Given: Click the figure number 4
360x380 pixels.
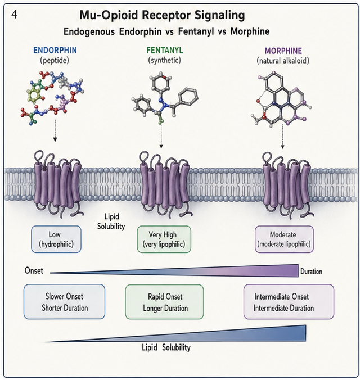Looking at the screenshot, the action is pyautogui.click(x=14, y=15).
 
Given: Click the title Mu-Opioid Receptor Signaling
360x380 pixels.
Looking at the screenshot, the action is pyautogui.click(x=162, y=15).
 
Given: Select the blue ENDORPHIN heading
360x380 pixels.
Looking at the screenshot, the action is pyautogui.click(x=55, y=51).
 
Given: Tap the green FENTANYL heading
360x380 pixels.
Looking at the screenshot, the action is pyautogui.click(x=165, y=50).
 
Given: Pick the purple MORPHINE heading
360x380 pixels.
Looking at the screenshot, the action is pyautogui.click(x=283, y=51).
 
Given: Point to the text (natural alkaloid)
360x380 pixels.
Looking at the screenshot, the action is pyautogui.click(x=283, y=61).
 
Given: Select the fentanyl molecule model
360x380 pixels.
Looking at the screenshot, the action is pyautogui.click(x=165, y=97).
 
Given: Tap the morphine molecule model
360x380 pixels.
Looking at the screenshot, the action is pyautogui.click(x=281, y=98).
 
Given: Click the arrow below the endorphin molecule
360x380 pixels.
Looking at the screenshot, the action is pyautogui.click(x=55, y=130).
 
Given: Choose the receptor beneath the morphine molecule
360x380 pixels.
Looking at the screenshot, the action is pyautogui.click(x=287, y=185).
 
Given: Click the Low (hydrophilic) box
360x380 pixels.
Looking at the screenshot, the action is pyautogui.click(x=56, y=239).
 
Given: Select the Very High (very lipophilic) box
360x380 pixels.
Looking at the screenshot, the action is pyautogui.click(x=164, y=239).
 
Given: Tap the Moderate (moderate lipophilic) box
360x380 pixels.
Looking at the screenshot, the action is pyautogui.click(x=284, y=239).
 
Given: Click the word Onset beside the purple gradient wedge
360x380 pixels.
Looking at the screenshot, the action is pyautogui.click(x=34, y=270).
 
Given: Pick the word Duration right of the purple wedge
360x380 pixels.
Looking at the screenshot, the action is pyautogui.click(x=311, y=272).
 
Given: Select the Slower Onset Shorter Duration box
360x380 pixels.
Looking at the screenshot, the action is pyautogui.click(x=64, y=302).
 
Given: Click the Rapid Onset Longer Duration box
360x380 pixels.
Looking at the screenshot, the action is pyautogui.click(x=164, y=302).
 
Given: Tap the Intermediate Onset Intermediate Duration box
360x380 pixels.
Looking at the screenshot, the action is pyautogui.click(x=289, y=302).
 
